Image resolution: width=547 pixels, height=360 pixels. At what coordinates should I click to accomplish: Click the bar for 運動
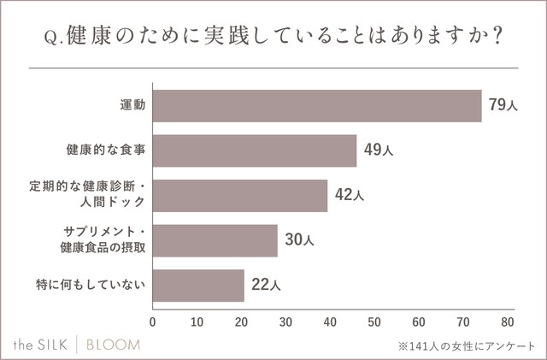(x=316, y=106)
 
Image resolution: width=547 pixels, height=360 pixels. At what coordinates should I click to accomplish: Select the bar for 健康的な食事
(x=254, y=150)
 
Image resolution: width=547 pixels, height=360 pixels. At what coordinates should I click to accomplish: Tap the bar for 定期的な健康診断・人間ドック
(x=239, y=195)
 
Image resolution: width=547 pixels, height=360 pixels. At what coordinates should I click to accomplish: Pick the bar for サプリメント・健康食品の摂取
(x=215, y=240)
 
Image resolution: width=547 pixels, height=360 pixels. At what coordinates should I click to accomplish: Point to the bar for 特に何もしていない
(x=198, y=285)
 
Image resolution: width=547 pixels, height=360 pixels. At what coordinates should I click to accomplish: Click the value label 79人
(x=503, y=106)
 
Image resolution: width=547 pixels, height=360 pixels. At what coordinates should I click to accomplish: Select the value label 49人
(x=378, y=150)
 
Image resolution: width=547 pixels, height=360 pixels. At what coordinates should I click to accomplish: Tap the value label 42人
(x=349, y=195)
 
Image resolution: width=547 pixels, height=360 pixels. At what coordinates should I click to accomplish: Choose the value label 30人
(x=299, y=240)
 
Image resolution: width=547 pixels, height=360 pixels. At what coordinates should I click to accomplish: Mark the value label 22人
(x=264, y=285)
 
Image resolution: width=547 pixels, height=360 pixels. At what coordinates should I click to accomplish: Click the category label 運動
(x=132, y=106)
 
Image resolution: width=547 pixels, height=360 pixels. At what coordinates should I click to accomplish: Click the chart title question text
(x=273, y=39)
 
